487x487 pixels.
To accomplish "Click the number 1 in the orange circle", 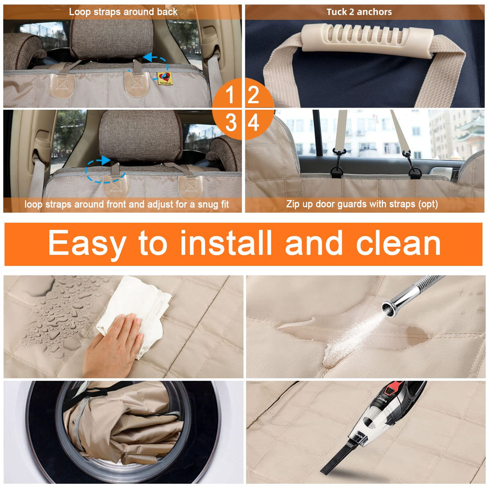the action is click(230, 95).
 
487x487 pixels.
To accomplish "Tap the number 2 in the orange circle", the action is click(253, 95).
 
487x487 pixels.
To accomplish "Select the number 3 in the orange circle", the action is click(231, 122).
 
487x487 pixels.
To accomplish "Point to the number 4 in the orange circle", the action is click(253, 122).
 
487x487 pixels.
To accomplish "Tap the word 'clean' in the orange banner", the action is click(399, 243).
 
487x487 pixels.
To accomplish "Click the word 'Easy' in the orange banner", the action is click(88, 245).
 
